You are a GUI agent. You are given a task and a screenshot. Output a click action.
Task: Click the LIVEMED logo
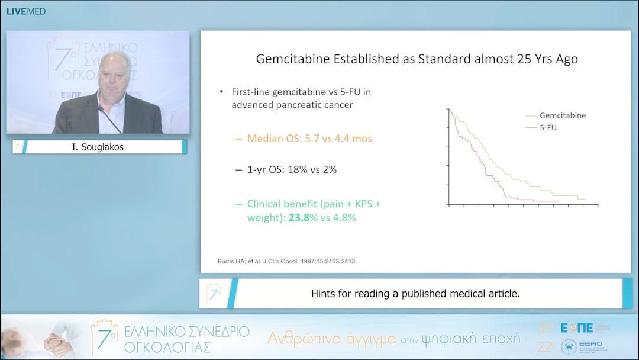25,11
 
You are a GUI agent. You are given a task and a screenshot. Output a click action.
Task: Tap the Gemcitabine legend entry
562,115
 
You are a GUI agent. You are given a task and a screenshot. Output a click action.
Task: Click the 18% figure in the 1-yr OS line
293,169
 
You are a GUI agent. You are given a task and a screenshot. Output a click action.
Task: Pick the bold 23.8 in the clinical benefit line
299,217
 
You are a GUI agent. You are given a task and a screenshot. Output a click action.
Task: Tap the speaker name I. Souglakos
98,147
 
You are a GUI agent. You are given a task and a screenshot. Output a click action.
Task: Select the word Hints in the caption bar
325,294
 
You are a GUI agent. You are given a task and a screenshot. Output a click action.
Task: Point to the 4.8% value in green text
344,217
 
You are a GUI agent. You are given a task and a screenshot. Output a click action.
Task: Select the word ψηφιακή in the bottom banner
459,339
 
